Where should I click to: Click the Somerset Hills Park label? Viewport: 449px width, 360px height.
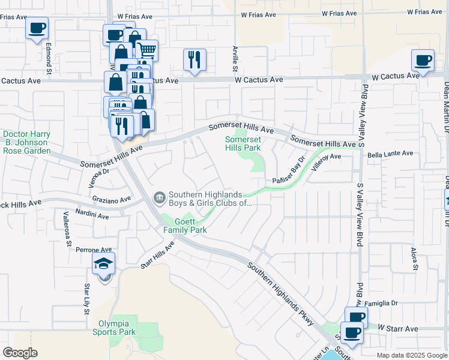coord(243,143)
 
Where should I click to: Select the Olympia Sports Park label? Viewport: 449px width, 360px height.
coord(117,328)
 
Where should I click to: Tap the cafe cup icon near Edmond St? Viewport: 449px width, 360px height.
coord(37,28)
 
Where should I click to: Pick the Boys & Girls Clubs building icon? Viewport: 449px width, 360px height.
coord(160,197)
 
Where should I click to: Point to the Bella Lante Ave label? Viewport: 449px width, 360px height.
coord(390,154)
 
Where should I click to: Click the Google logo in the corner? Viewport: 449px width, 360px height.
coord(20,353)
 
